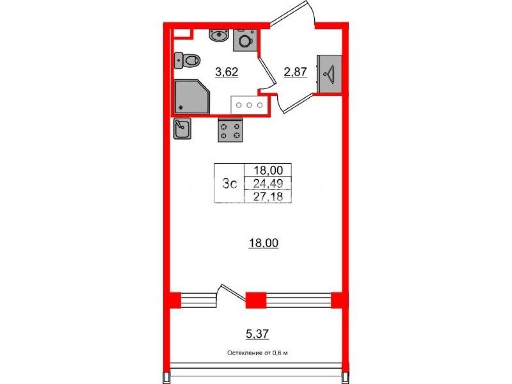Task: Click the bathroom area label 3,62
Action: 226,72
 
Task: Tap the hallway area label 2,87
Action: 296,72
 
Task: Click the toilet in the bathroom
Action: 186,60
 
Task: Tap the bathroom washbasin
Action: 219,35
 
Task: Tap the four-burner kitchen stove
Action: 230,130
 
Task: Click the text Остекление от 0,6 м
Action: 258,353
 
